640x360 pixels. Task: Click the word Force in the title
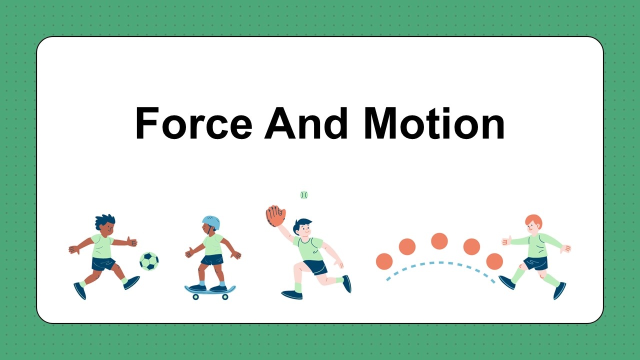click(x=193, y=123)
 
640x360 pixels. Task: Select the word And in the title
click(x=306, y=123)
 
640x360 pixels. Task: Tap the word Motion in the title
click(x=434, y=123)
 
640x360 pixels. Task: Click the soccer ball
click(x=149, y=261)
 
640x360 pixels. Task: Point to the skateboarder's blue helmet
click(x=211, y=222)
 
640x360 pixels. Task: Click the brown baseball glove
click(x=275, y=216)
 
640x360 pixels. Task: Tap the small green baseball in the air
click(x=304, y=195)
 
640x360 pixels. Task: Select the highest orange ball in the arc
click(x=439, y=241)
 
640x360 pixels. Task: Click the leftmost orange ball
click(x=384, y=261)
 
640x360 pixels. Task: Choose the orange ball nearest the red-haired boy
click(x=494, y=261)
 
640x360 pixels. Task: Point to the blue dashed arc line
click(x=440, y=262)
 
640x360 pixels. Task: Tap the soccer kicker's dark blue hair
click(x=105, y=220)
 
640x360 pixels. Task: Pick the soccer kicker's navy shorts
click(x=103, y=264)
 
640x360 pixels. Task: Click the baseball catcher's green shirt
click(x=309, y=247)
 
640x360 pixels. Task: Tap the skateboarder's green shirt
click(x=213, y=244)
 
